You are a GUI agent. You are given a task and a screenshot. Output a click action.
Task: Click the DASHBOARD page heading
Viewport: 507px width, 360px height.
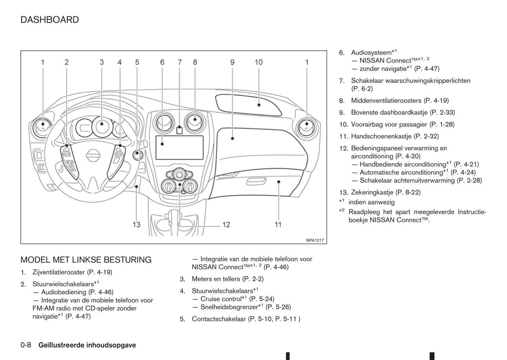pos(49,20)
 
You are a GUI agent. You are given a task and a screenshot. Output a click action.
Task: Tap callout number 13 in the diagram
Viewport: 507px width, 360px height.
pos(136,224)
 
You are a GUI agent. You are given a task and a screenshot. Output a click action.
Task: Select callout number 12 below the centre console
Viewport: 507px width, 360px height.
pos(226,224)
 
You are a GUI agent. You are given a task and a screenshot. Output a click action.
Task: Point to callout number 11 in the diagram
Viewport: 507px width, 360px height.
pos(278,224)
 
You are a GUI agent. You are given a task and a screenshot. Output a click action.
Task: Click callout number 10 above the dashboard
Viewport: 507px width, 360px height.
pos(259,62)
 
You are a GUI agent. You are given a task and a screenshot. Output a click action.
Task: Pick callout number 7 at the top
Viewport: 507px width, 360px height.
pos(180,62)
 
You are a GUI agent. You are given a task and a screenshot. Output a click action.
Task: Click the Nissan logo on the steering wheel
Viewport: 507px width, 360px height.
pos(93,155)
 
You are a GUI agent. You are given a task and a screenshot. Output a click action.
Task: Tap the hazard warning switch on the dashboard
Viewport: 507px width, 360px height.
pos(179,131)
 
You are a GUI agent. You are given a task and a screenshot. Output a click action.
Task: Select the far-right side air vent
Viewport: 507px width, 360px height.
pos(307,127)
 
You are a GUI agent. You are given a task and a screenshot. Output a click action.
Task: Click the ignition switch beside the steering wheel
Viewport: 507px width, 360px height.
pos(138,154)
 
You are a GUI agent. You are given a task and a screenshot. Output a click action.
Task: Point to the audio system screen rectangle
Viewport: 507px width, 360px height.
pos(179,147)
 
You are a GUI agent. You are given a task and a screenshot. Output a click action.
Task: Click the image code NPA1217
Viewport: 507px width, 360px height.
pos(315,240)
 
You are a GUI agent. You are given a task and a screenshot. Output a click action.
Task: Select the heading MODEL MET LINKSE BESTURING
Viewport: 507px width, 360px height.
pos(86,260)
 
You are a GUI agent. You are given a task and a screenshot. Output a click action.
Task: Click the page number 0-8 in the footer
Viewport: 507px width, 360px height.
pos(26,345)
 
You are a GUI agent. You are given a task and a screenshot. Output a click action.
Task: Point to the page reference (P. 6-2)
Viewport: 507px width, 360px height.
pos(362,89)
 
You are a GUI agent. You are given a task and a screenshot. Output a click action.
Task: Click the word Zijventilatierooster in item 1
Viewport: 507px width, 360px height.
pos(59,272)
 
